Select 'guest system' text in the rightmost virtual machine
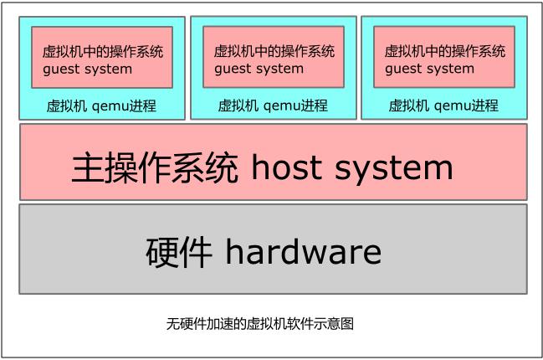429,69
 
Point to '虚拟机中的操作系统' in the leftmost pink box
102,52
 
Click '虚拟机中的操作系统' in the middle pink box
274,52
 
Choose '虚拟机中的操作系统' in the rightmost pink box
444,52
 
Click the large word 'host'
285,168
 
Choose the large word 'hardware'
303,251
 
